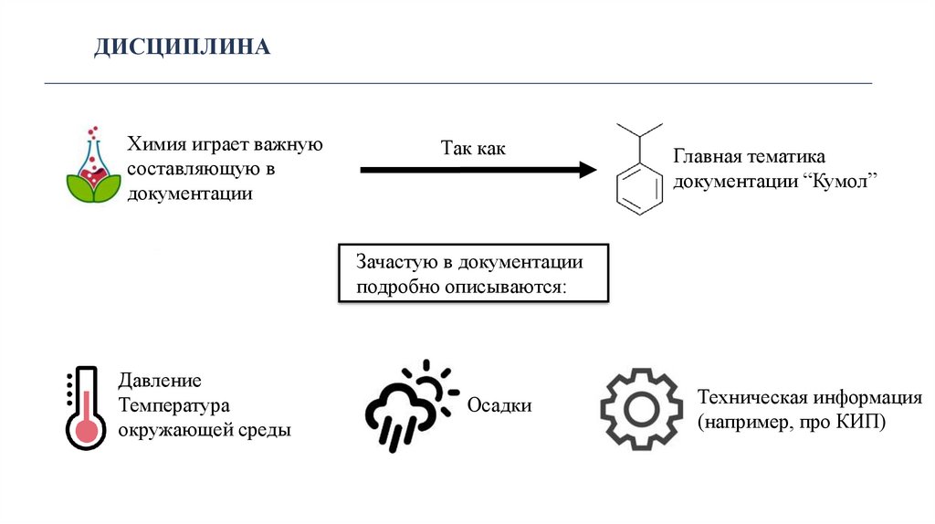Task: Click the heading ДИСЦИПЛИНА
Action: click(x=183, y=46)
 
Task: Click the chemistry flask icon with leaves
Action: click(x=93, y=169)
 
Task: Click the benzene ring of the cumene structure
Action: click(x=639, y=186)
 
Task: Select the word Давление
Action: click(x=159, y=381)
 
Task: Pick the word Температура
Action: click(x=173, y=404)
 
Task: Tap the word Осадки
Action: click(x=499, y=404)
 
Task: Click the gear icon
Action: click(x=641, y=409)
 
